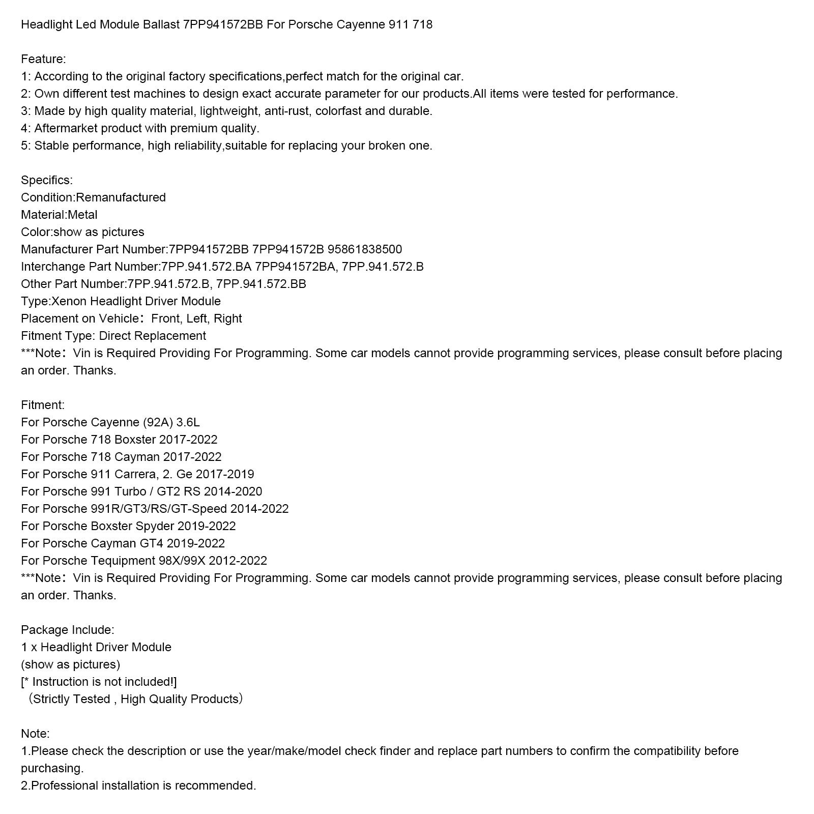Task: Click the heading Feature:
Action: pyautogui.click(x=43, y=59)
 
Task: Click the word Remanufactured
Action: pyautogui.click(x=121, y=197)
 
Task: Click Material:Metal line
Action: pyautogui.click(x=59, y=215)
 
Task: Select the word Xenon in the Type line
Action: pyautogui.click(x=69, y=301)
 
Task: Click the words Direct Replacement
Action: pyautogui.click(x=152, y=336)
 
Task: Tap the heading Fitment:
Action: pyautogui.click(x=43, y=405)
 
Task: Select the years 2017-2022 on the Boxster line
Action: pyautogui.click(x=188, y=440)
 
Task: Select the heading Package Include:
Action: pyautogui.click(x=68, y=630)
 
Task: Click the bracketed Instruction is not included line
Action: pyautogui.click(x=99, y=682)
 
